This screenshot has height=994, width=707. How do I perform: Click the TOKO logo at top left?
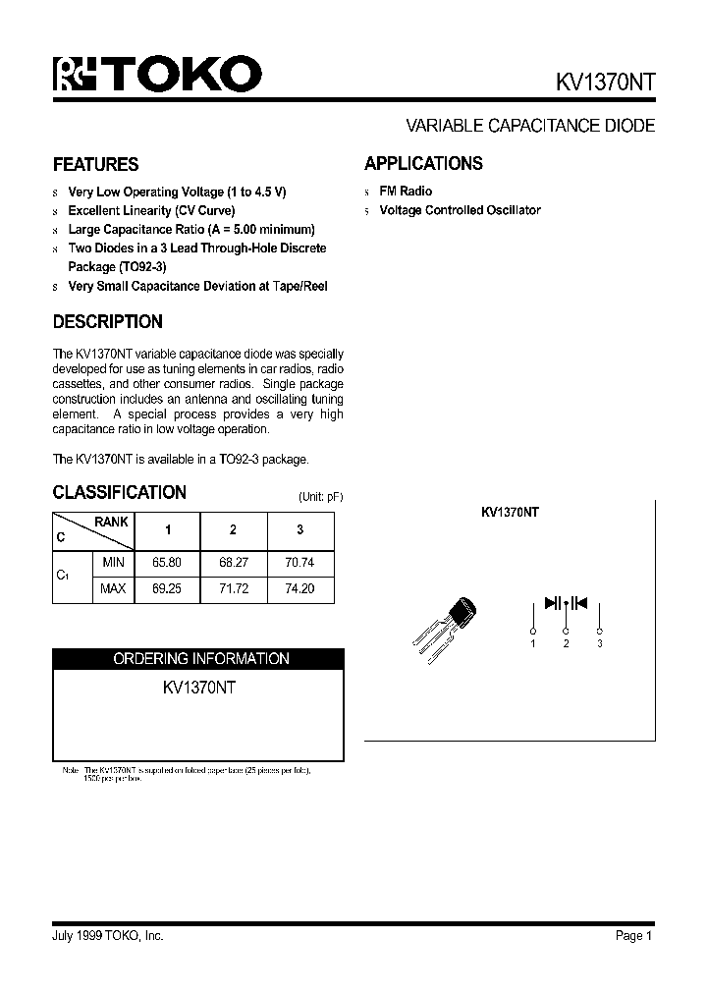click(x=157, y=74)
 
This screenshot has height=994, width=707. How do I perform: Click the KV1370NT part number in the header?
click(x=600, y=82)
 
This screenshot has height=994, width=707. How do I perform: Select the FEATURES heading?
click(x=95, y=164)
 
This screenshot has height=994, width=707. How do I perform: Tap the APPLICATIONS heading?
click(x=423, y=163)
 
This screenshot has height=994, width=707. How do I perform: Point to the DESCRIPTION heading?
click(x=107, y=321)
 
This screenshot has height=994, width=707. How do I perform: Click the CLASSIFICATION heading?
click(x=119, y=492)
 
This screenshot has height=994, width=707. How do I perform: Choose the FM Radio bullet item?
click(x=406, y=192)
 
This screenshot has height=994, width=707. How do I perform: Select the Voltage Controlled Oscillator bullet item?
click(x=460, y=210)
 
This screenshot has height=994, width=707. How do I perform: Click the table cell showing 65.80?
click(x=167, y=564)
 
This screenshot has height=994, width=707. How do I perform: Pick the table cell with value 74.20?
click(x=300, y=589)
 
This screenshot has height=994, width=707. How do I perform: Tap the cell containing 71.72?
click(x=233, y=589)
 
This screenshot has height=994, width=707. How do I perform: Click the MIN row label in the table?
click(x=113, y=564)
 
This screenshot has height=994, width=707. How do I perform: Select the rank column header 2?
click(x=233, y=530)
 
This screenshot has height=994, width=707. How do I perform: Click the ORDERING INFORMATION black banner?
click(x=198, y=659)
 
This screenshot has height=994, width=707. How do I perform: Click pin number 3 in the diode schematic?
click(x=599, y=643)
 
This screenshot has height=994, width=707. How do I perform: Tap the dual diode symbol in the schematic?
click(x=566, y=603)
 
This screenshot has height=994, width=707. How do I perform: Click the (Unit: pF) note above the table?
click(x=320, y=497)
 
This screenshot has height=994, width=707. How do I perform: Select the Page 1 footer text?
click(x=633, y=936)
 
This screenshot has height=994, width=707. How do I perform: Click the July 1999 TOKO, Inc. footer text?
click(x=108, y=936)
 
